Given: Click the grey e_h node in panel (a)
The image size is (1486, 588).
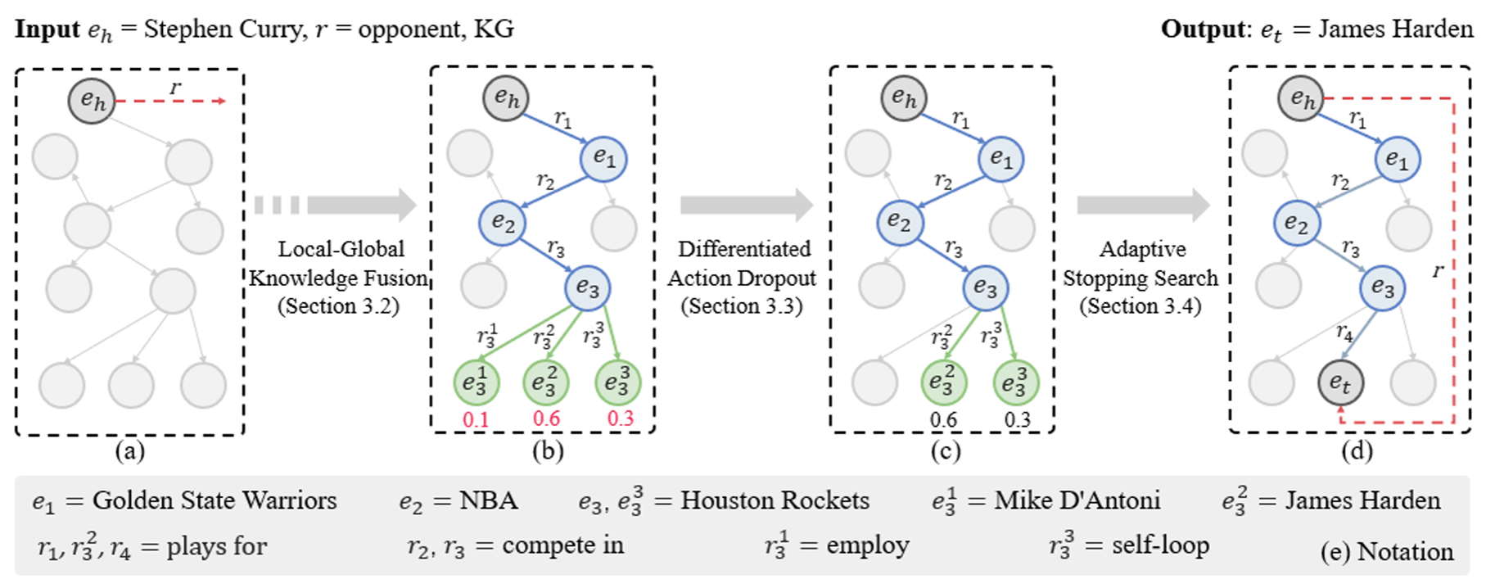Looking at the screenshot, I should coord(93,101).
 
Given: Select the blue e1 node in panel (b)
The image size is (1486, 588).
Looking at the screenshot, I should coord(603,159).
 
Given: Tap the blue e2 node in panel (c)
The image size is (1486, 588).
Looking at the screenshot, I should coord(900,223).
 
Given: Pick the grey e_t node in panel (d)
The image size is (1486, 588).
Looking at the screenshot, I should coord(1340,382).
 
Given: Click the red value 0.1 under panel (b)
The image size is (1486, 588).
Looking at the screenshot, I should coord(476,419).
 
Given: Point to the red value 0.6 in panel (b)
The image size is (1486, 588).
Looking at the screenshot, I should coord(546,418).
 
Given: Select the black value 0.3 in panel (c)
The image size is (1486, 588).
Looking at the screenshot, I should coord(1017,419).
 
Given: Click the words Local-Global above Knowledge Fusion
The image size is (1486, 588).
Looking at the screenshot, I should coord(341,249).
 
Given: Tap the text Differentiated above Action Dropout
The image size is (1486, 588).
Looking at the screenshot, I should coord(743,249).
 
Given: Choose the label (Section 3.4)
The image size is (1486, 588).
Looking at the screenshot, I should coord(1140,306).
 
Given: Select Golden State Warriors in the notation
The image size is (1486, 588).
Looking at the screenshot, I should coord(215,500).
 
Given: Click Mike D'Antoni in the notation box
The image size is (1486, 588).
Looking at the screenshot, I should coord(1077,500).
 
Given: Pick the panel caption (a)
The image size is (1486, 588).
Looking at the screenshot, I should coord(130,450).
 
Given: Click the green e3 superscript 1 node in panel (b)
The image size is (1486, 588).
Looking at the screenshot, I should coord(476,382).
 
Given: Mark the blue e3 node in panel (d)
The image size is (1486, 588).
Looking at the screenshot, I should coord(1382,288).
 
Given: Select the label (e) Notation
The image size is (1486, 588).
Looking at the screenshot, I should coord(1386,552).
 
